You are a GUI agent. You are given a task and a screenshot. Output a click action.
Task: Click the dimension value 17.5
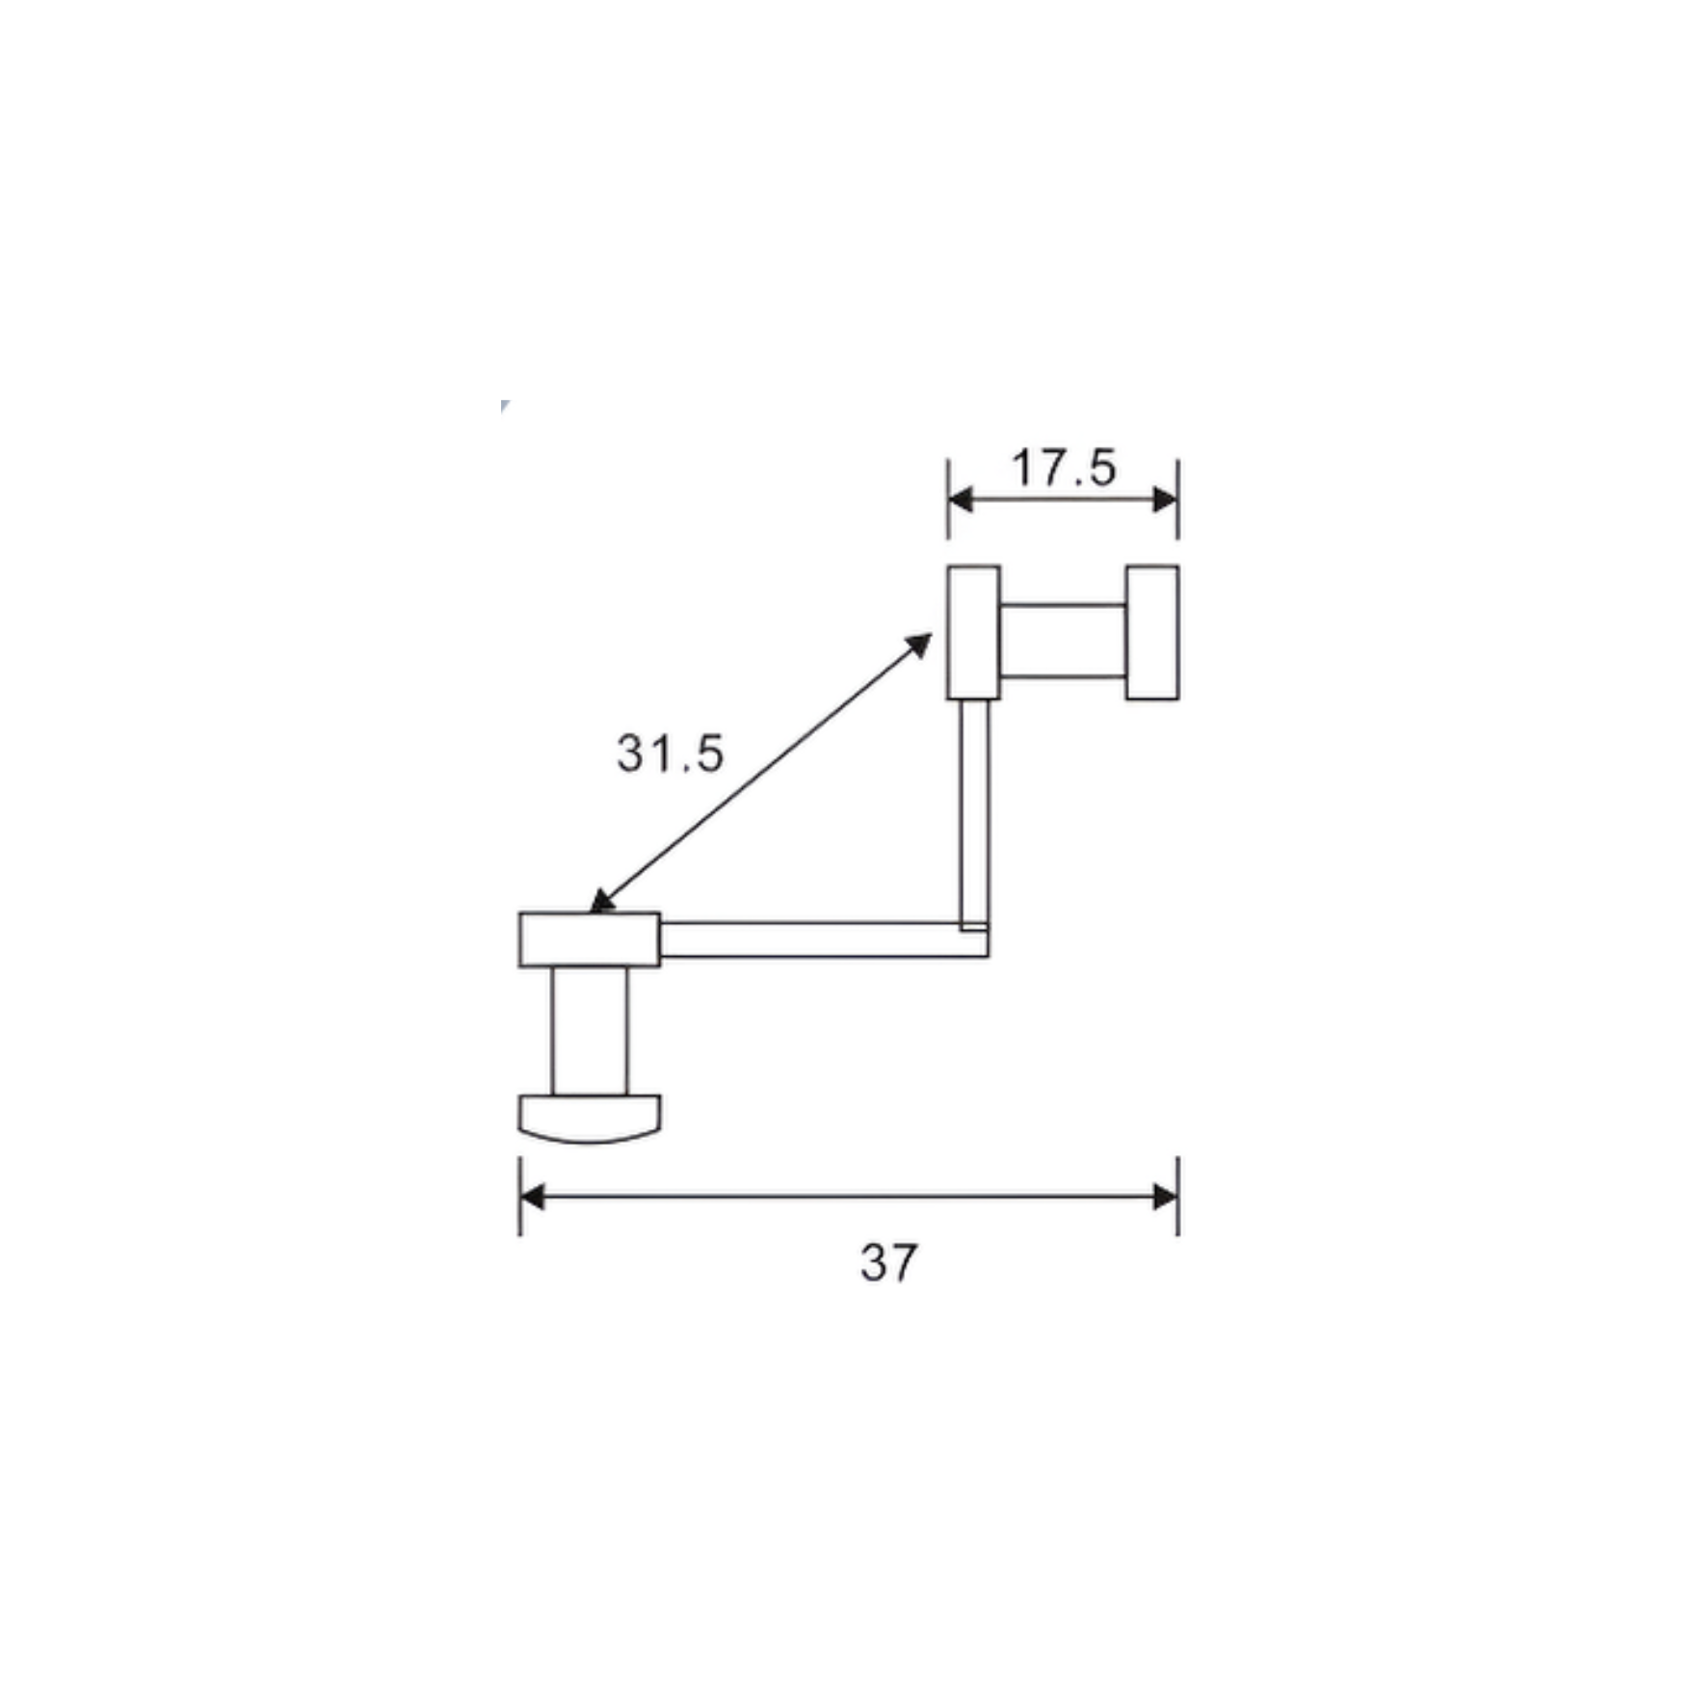click(x=1064, y=468)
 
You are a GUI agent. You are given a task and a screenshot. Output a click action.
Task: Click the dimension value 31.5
click(x=670, y=753)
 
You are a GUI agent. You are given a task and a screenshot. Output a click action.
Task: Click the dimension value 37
click(x=888, y=1262)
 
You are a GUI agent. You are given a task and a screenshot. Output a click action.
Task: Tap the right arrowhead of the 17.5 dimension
click(x=1165, y=499)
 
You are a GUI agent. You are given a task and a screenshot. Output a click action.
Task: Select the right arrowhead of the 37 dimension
click(x=1165, y=1197)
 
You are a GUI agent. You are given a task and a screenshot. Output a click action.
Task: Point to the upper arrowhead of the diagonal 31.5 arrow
click(x=921, y=644)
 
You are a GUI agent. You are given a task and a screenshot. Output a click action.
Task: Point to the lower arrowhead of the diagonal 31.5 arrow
click(x=600, y=903)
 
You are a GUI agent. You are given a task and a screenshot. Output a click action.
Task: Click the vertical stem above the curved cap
click(x=590, y=1031)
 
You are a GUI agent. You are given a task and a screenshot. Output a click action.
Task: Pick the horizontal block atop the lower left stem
click(x=590, y=939)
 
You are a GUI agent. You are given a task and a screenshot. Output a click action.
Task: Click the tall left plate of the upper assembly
click(x=973, y=631)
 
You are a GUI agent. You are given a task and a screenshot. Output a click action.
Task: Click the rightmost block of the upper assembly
click(x=1152, y=631)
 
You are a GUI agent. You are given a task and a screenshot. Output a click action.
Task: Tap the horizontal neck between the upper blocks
click(x=1063, y=641)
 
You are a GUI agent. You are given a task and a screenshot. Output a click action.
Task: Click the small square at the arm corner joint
click(x=974, y=927)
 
